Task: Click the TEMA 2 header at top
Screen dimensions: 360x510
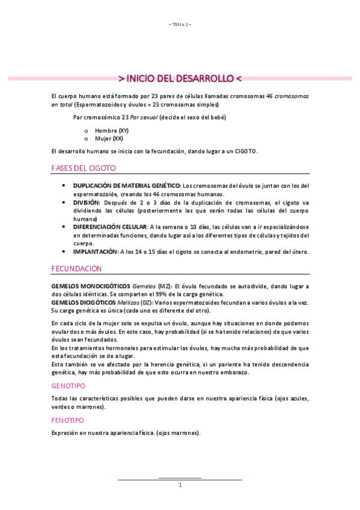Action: pyautogui.click(x=180, y=24)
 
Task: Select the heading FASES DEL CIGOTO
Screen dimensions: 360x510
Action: pyautogui.click(x=84, y=168)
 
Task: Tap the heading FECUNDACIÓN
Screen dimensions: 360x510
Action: pyautogui.click(x=76, y=269)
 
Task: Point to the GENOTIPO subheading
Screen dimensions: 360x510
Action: pyautogui.click(x=68, y=384)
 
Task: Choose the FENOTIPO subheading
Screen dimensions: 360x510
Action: pyautogui.click(x=68, y=420)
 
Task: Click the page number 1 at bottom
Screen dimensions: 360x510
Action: pyautogui.click(x=180, y=485)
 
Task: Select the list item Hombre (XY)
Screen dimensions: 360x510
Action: pyautogui.click(x=112, y=131)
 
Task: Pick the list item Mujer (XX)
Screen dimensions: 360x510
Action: pyautogui.click(x=109, y=138)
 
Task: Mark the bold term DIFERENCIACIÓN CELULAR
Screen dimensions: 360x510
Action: pyautogui.click(x=110, y=227)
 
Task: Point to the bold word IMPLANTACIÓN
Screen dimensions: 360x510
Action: pyautogui.click(x=95, y=251)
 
